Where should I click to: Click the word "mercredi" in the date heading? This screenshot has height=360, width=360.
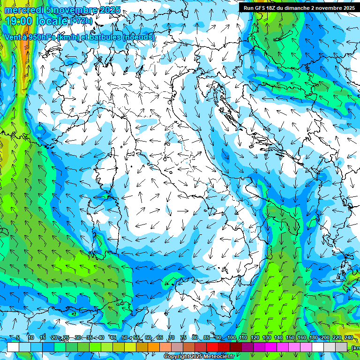23,10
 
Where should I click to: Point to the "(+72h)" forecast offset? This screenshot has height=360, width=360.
81,21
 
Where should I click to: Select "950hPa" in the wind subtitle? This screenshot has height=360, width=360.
42,37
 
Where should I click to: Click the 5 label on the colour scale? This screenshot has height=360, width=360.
18,338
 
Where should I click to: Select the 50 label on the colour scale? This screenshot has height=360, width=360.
124,338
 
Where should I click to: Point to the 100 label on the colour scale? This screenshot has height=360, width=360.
232,338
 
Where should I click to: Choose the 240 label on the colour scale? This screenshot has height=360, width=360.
349,338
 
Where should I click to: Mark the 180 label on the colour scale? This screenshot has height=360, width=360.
314,338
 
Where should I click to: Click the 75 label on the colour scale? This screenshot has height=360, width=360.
183,338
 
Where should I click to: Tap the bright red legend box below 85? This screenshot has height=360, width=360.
212,347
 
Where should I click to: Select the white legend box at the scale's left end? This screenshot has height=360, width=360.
13,347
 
